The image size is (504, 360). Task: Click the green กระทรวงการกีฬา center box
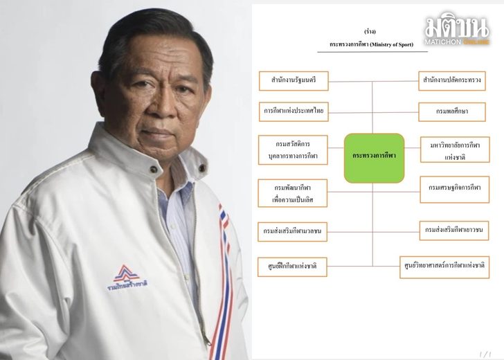click(x=374, y=158)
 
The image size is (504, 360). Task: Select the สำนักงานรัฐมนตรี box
click(x=294, y=81)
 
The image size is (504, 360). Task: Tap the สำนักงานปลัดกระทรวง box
click(x=452, y=81)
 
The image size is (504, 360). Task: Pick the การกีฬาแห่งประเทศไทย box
click(x=294, y=111)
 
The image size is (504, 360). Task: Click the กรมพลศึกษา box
click(x=452, y=112)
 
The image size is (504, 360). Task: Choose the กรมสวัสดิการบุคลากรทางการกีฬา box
click(x=293, y=150)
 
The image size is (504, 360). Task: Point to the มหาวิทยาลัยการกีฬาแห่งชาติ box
click(x=455, y=150)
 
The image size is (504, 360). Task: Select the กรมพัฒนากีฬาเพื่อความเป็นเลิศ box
click(x=292, y=193)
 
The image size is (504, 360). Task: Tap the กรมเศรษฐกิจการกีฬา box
click(x=454, y=189)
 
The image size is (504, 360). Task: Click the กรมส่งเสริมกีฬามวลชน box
click(x=292, y=231)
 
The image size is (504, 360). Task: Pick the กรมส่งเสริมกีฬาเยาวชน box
click(x=454, y=231)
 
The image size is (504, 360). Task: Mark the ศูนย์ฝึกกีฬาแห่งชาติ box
click(x=292, y=267)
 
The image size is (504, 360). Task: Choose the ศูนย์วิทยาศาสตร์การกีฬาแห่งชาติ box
click(x=444, y=267)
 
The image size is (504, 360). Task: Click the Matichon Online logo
click(x=457, y=28)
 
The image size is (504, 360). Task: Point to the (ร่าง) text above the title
click(x=370, y=31)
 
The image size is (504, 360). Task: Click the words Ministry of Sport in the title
click(x=392, y=44)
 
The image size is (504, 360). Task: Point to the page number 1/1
click(x=485, y=354)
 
